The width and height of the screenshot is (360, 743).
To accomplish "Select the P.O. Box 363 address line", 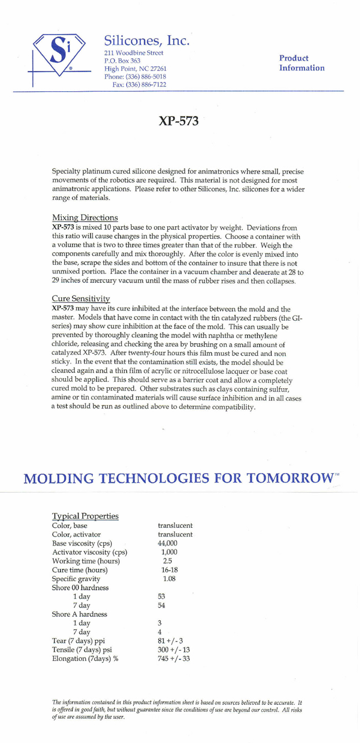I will pyautogui.click(x=119, y=61).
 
